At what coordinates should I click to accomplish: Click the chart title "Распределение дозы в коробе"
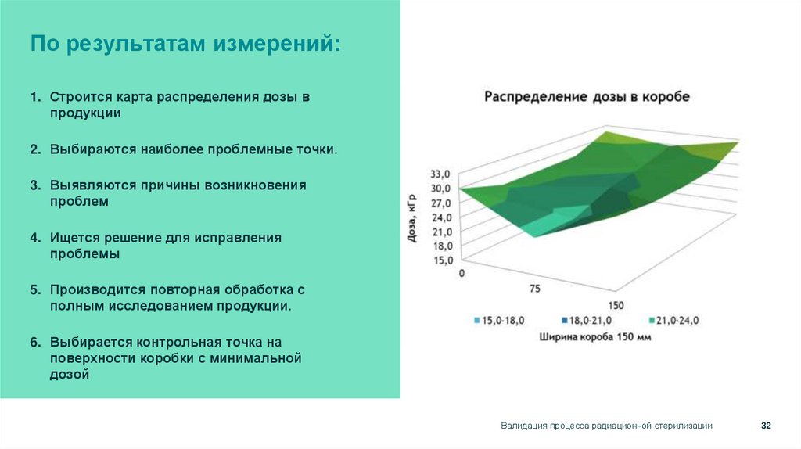click(x=587, y=97)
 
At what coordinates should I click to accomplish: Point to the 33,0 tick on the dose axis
click(x=440, y=174)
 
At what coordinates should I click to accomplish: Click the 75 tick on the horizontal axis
click(x=535, y=289)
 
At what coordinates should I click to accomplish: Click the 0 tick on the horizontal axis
click(x=462, y=273)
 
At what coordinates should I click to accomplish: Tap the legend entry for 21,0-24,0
click(x=673, y=321)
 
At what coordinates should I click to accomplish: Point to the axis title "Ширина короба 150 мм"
click(x=595, y=337)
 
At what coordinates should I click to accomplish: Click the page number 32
click(x=766, y=425)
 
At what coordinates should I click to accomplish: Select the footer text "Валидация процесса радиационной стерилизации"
click(x=606, y=425)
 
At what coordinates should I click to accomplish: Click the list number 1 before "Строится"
click(x=35, y=98)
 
